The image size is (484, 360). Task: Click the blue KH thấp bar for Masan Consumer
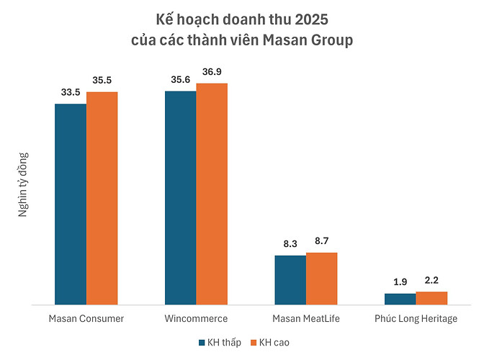[x=71, y=204]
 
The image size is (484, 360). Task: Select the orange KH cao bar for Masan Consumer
[x=102, y=199]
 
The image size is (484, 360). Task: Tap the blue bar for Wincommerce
[x=180, y=198]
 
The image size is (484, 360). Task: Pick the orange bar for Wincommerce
[x=212, y=194]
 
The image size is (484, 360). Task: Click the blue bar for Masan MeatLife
[x=290, y=280]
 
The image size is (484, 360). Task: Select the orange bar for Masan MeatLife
[x=321, y=279]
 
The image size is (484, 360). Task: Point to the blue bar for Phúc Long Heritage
[x=400, y=299]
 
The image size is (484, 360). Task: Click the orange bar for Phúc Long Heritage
[x=431, y=298]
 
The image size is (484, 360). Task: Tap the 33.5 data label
[x=71, y=93]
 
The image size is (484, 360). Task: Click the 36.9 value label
[x=212, y=72]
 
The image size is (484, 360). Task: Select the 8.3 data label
[x=290, y=244]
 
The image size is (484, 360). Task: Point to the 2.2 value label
[x=431, y=280]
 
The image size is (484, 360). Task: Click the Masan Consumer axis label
[x=86, y=318]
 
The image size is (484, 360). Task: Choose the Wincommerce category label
[x=196, y=318]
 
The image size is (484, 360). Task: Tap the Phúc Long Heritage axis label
[x=416, y=318]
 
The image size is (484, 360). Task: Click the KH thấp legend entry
[x=219, y=342]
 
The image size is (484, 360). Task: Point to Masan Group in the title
[x=312, y=40]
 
